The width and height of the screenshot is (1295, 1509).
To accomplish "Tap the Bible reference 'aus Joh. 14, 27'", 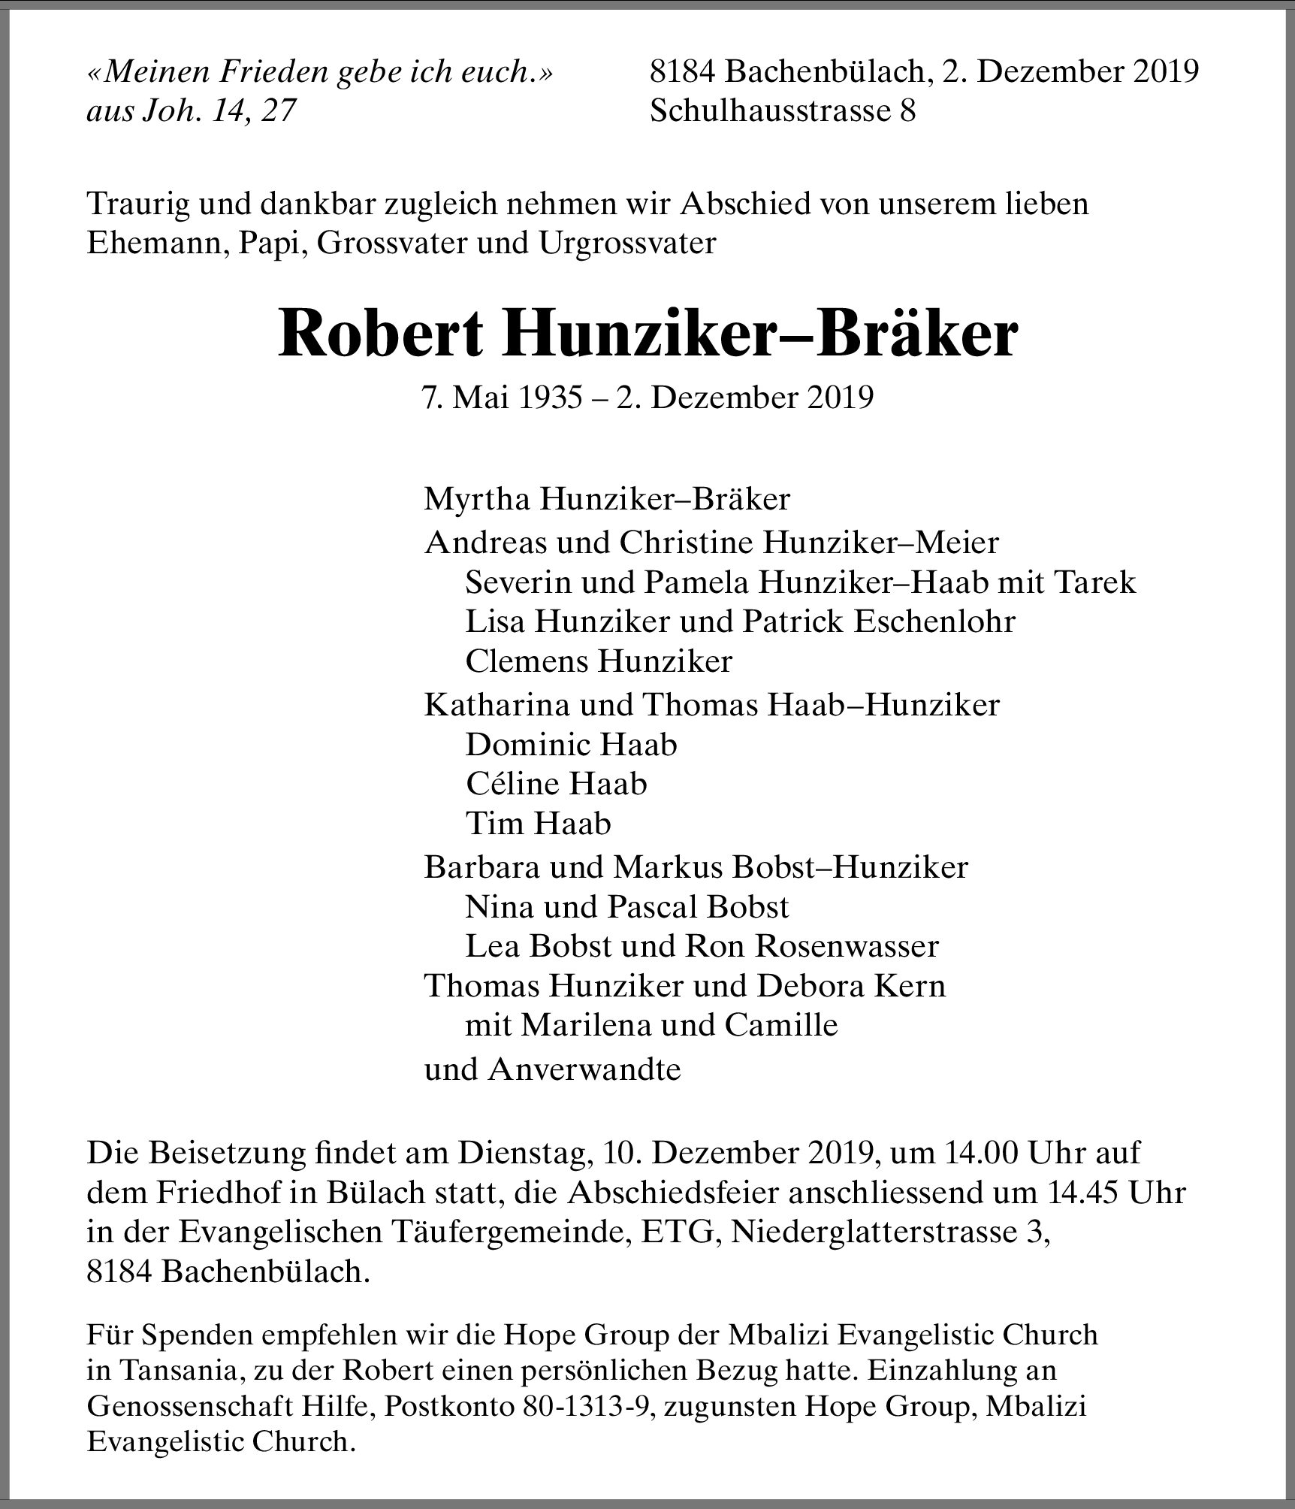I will tap(192, 111).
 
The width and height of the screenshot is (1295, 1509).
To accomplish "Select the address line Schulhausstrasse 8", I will tap(783, 111).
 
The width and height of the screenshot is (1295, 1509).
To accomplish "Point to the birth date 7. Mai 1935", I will tap(503, 398).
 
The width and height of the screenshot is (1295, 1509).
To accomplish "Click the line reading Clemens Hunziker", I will tap(599, 661).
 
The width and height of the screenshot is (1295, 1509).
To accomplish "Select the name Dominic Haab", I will tap(571, 745).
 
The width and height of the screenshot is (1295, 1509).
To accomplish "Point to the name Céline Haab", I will tap(556, 784).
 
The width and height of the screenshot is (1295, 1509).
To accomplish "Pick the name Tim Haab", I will tap(538, 824).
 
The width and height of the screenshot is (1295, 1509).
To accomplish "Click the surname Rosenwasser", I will tap(847, 946).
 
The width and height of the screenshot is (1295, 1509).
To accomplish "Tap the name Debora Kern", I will tap(851, 985).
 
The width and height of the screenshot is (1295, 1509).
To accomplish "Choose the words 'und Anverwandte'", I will tap(552, 1069).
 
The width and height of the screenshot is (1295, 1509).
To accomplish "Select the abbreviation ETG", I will tap(676, 1232).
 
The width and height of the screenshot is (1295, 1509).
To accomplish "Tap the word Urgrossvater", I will tap(626, 243).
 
